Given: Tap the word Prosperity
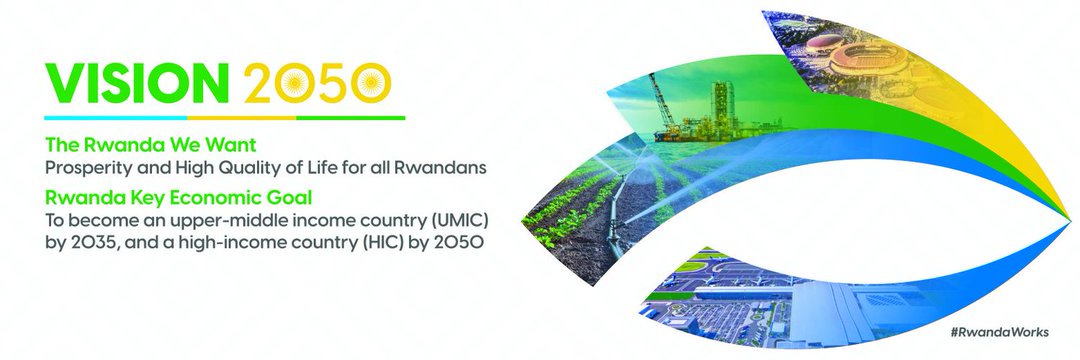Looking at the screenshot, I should pyautogui.click(x=85, y=168).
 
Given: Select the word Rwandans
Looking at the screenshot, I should pyautogui.click(x=445, y=168).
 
